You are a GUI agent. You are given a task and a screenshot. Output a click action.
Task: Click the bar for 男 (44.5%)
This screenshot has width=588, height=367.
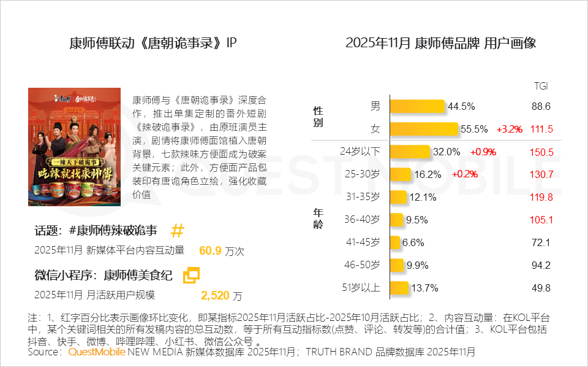pyautogui.click(x=417, y=106)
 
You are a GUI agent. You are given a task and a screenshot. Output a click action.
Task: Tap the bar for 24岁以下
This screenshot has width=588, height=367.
pyautogui.click(x=409, y=152)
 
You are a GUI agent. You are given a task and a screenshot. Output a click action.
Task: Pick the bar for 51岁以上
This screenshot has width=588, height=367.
pyautogui.click(x=399, y=288)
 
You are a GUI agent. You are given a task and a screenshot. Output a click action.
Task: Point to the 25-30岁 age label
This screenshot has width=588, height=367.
pyautogui.click(x=363, y=174)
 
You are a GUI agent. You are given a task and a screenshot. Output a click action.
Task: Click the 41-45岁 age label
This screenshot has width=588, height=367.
pyautogui.click(x=363, y=242)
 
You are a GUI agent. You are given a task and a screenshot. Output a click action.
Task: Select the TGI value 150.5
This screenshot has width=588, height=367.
pyautogui.click(x=541, y=152)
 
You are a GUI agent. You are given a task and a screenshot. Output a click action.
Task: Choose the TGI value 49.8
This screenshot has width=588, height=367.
pyautogui.click(x=541, y=288)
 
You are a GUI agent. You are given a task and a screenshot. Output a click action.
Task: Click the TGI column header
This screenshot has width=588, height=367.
pyautogui.click(x=541, y=86)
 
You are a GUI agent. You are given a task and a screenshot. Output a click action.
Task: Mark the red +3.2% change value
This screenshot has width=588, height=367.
pyautogui.click(x=509, y=129)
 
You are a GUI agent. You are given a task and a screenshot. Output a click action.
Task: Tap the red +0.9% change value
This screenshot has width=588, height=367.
pyautogui.click(x=483, y=152)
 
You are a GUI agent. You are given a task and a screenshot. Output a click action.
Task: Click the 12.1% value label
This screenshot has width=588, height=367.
pyautogui.click(x=423, y=197)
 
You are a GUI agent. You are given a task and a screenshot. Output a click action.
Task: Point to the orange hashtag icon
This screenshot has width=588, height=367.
pyautogui.click(x=177, y=231)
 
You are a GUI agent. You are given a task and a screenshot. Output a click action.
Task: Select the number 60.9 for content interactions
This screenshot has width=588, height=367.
pyautogui.click(x=210, y=251)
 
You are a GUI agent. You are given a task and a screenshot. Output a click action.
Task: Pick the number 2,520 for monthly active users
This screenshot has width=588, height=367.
pyautogui.click(x=215, y=296)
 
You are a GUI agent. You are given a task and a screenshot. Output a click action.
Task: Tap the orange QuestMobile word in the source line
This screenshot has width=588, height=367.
pyautogui.click(x=97, y=352)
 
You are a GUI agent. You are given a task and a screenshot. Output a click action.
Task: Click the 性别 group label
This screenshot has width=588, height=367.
pyautogui.click(x=318, y=117)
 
